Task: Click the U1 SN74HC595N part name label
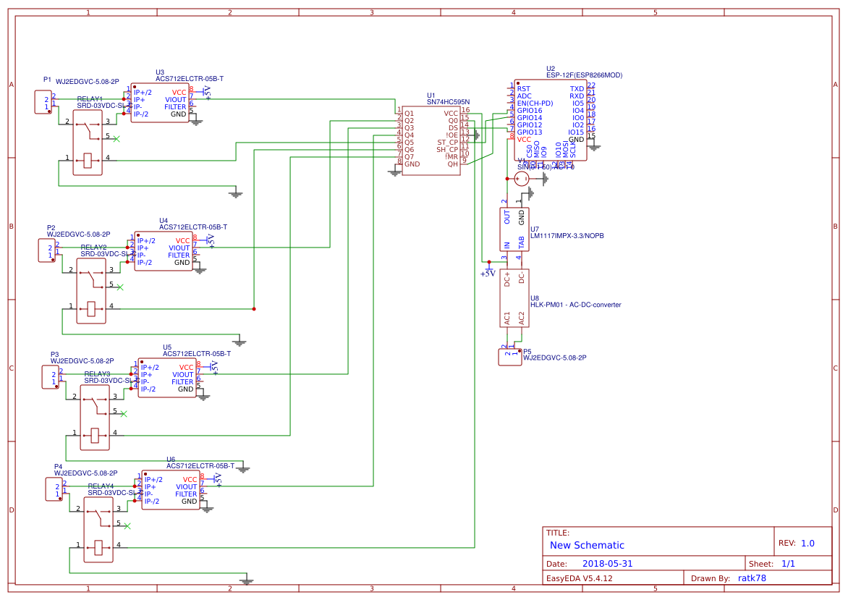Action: tap(448, 102)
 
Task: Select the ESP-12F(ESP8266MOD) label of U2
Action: tap(584, 75)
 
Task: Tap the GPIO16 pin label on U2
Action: tap(529, 111)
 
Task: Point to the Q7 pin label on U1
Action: tap(409, 156)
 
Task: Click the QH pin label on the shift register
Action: tap(453, 164)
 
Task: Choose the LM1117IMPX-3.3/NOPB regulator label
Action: tap(567, 236)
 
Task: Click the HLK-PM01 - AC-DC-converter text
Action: tap(575, 305)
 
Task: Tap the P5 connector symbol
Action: tap(510, 356)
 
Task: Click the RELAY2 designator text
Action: tap(93, 248)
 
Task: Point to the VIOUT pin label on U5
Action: tap(182, 374)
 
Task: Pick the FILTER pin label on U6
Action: tap(186, 494)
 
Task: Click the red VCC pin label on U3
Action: tap(179, 93)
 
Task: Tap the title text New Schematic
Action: tap(587, 545)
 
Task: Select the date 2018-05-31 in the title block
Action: tap(607, 563)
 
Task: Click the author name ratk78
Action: tap(751, 578)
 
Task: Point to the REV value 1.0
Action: tap(807, 543)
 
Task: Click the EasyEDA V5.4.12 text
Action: tap(579, 578)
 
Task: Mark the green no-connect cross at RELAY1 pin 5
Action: tap(117, 138)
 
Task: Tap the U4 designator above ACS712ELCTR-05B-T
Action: tap(164, 220)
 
